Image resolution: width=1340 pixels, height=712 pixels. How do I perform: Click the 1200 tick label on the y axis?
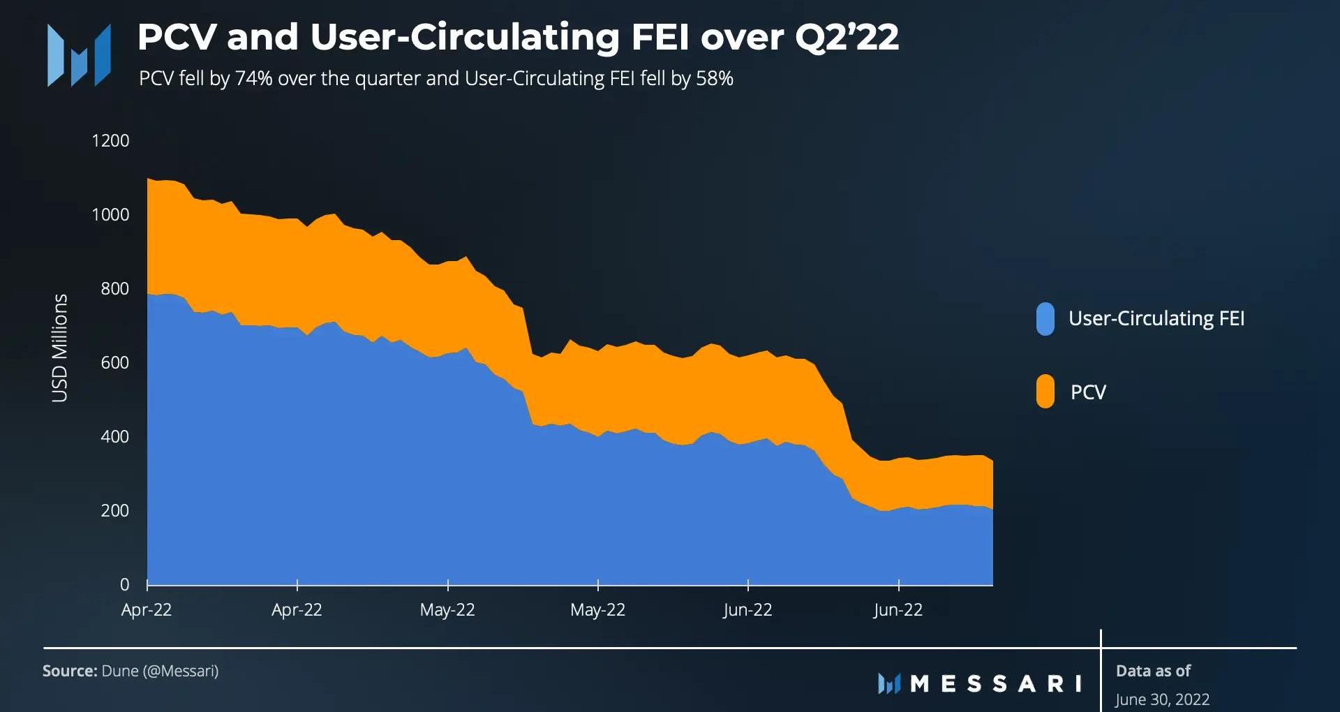tap(110, 141)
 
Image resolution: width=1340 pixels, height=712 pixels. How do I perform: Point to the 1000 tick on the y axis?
tap(110, 215)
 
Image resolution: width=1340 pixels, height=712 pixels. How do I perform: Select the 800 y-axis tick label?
tap(114, 289)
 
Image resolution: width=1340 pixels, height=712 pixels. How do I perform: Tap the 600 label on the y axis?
tap(114, 363)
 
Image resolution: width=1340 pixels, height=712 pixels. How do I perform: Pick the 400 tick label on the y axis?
tap(114, 437)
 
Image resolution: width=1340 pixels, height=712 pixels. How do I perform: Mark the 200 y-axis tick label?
tap(114, 511)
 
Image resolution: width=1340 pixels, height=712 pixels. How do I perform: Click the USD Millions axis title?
tap(60, 348)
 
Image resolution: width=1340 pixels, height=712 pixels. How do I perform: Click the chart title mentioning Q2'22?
tap(518, 37)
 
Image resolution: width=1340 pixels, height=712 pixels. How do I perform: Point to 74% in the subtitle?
tap(253, 78)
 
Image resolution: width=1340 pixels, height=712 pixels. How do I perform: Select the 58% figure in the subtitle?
tap(714, 78)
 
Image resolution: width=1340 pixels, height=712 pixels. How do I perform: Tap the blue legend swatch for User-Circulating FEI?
tap(1045, 319)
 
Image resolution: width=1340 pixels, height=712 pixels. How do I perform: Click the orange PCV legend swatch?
tap(1045, 392)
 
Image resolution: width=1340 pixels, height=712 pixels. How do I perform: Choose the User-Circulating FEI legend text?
tap(1156, 319)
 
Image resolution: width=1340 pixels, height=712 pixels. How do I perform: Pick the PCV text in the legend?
tap(1088, 392)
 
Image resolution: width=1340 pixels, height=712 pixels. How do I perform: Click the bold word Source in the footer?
tap(70, 671)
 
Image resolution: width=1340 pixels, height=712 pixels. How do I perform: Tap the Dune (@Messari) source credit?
tap(160, 671)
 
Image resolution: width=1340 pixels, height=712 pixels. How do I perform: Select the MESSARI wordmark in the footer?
tap(995, 683)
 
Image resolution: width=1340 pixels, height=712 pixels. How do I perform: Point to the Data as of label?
tap(1153, 671)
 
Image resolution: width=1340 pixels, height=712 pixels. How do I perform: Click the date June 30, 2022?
tap(1162, 699)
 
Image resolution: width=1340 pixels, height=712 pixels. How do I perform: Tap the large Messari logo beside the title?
tap(79, 55)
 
